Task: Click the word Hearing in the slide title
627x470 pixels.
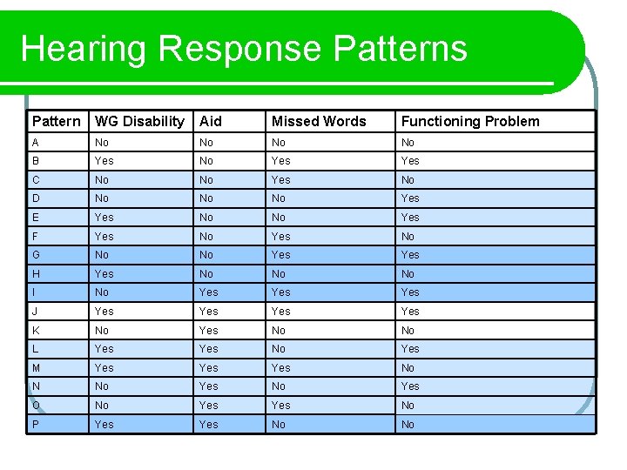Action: click(84, 49)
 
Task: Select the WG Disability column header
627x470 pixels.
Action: click(139, 121)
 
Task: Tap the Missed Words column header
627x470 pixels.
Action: click(319, 121)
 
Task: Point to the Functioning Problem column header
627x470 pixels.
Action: click(470, 121)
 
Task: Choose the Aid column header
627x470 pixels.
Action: click(211, 121)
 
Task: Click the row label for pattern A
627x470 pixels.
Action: click(36, 142)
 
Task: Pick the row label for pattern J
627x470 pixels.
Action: click(35, 311)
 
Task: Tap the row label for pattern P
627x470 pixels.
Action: click(36, 424)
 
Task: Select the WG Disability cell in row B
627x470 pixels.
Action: click(104, 161)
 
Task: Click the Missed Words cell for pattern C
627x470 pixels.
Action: click(281, 180)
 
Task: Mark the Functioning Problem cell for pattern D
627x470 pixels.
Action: click(410, 198)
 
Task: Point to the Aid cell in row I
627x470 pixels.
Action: click(209, 292)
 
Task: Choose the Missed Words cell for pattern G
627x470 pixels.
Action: click(281, 255)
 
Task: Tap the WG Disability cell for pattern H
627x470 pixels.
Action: click(104, 273)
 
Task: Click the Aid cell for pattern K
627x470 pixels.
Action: click(209, 330)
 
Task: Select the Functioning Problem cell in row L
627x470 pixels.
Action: click(410, 348)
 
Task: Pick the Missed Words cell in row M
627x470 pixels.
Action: click(281, 367)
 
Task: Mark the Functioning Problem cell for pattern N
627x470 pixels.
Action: click(410, 386)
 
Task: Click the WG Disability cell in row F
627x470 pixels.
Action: click(104, 236)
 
